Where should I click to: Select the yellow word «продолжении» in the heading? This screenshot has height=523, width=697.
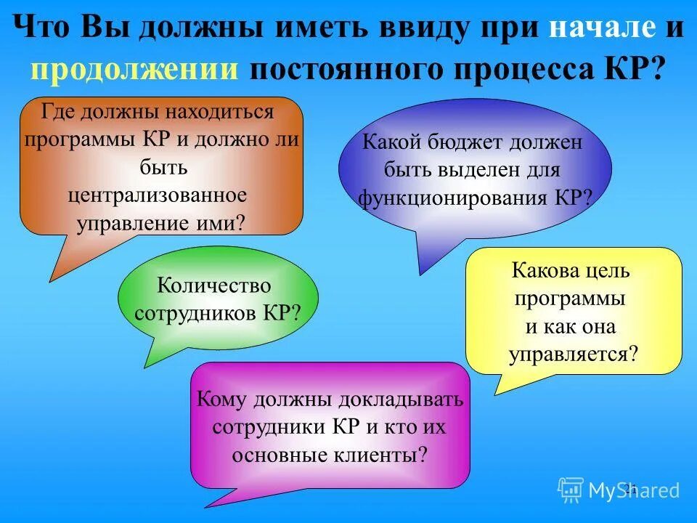tap(135, 70)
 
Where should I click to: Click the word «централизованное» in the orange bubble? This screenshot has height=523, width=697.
tap(158, 195)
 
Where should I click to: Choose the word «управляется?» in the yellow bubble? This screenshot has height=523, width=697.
tap(574, 354)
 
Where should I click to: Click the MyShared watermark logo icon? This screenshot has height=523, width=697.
tap(571, 490)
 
